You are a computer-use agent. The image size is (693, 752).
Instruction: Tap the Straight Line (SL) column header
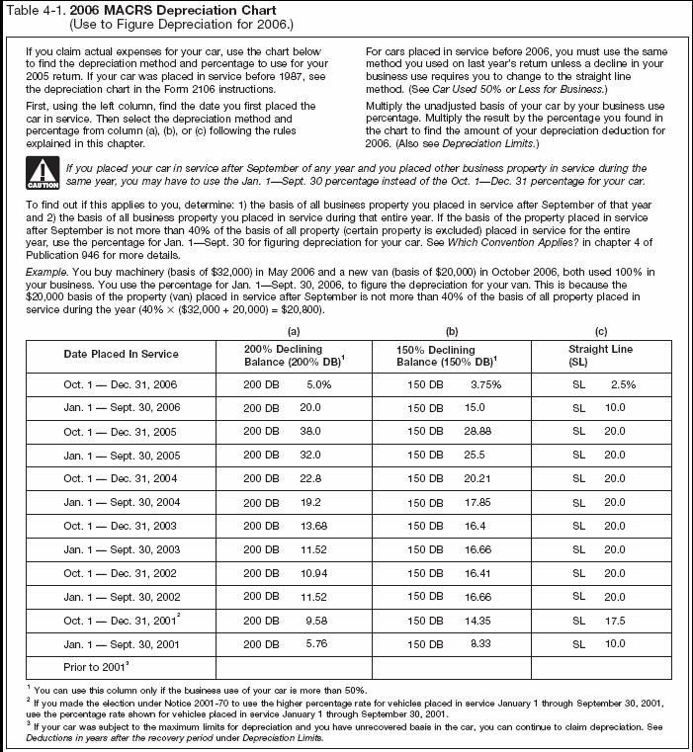pyautogui.click(x=600, y=355)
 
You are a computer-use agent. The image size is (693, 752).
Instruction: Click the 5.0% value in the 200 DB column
pyautogui.click(x=317, y=385)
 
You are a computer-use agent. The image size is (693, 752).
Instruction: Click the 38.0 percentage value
pyautogui.click(x=311, y=432)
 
